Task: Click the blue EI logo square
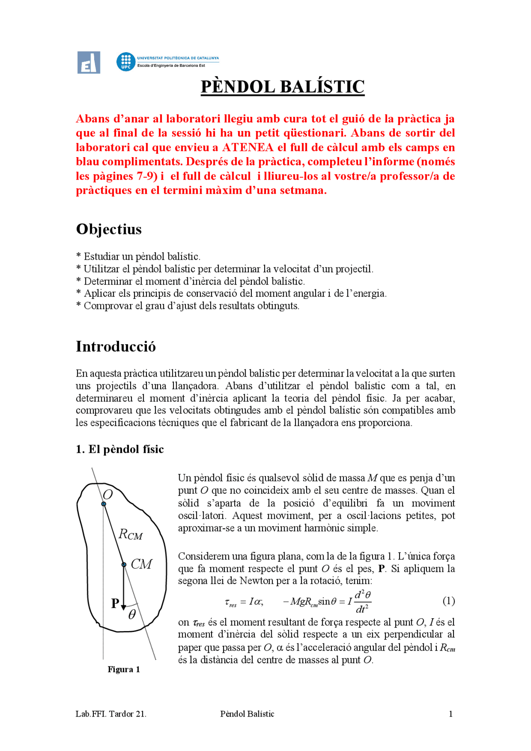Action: point(89,63)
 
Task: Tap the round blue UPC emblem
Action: point(126,62)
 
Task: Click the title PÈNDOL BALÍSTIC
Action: point(283,87)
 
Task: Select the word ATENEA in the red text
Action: point(248,148)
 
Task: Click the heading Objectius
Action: point(109,229)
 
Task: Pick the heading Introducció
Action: point(116,347)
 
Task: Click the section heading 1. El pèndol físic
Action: point(120,449)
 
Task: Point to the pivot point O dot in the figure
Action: point(104,504)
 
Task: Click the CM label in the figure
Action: point(141,564)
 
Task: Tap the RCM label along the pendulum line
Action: point(130,534)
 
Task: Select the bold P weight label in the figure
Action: point(115,603)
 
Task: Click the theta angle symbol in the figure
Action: point(132,615)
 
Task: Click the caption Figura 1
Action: point(124,669)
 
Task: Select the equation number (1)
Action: point(448,601)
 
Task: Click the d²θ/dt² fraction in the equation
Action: point(363,602)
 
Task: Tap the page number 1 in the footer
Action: point(451,714)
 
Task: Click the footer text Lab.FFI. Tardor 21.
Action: point(111,714)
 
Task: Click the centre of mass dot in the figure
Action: point(124,565)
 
